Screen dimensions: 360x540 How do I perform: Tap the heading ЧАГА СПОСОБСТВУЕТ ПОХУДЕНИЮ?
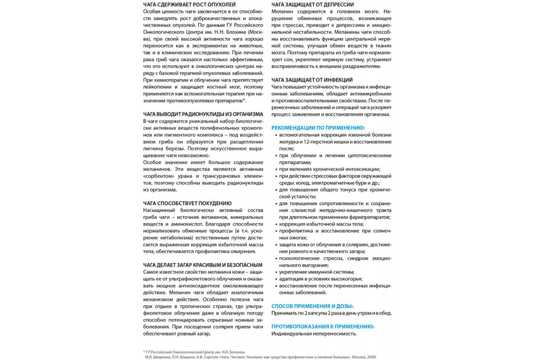187,203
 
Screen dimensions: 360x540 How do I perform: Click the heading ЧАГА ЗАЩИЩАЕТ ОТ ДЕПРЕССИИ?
313,4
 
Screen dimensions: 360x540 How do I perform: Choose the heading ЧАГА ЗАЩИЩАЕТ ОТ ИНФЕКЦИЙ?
312,80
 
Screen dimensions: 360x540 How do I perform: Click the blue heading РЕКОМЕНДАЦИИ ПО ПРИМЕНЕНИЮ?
318,128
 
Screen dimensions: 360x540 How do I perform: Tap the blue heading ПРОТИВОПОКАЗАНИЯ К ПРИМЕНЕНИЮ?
323,326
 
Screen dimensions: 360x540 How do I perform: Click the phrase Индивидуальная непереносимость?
314,334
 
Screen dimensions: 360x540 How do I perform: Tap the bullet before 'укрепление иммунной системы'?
275,272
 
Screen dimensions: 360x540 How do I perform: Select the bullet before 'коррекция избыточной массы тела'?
275,224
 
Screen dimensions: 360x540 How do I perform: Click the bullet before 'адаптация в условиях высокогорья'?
275,279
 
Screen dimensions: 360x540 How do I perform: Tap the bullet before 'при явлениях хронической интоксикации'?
275,169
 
